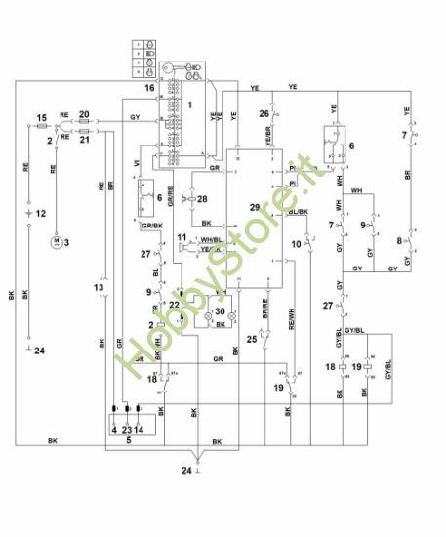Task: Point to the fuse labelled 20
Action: pos(84,124)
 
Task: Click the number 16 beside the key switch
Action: pos(149,88)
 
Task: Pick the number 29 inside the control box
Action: pos(256,209)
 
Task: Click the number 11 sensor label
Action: pos(182,237)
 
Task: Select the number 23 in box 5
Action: pos(127,428)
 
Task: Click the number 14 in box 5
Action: pos(141,428)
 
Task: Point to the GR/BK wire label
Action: pos(151,226)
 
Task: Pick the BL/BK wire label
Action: pos(298,211)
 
